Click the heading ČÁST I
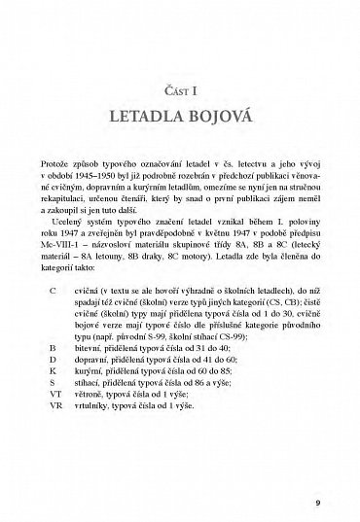[179, 92]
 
